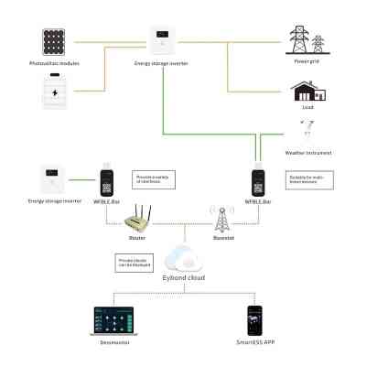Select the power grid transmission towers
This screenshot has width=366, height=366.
(x=307, y=42)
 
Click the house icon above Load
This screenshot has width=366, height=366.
(x=307, y=90)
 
